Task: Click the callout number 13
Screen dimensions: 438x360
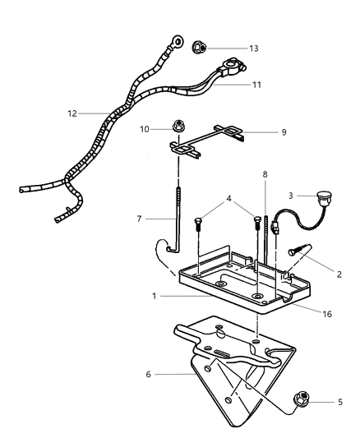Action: tap(253, 48)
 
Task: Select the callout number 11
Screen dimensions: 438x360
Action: tap(256, 84)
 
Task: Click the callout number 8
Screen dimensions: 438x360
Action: tap(265, 174)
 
